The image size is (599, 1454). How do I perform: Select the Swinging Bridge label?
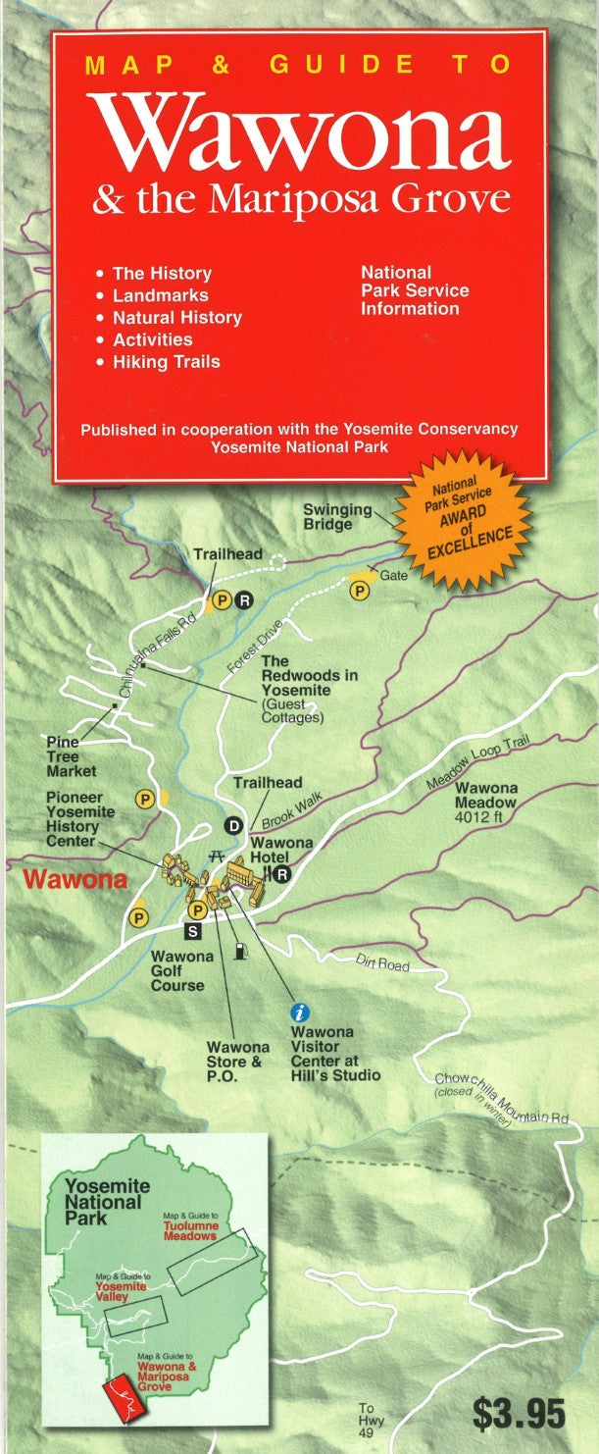pyautogui.click(x=336, y=517)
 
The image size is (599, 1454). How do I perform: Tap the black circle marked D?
pyautogui.click(x=233, y=825)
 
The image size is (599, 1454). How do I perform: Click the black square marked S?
pyautogui.click(x=192, y=929)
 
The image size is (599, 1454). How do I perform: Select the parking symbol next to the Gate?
pyautogui.click(x=360, y=591)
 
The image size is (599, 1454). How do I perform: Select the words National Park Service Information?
pyautogui.click(x=414, y=290)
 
